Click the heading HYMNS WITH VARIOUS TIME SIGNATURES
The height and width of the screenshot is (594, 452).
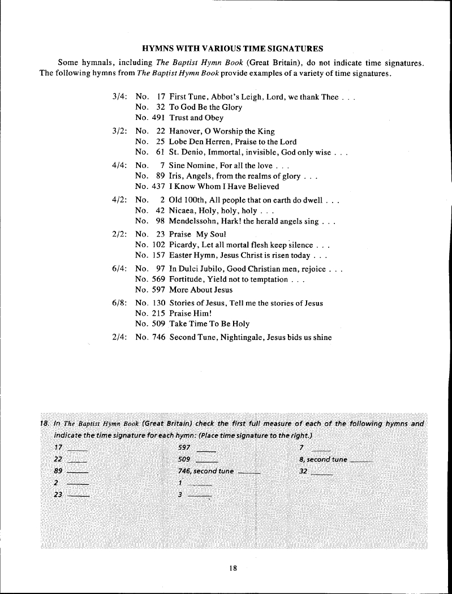click(x=232, y=48)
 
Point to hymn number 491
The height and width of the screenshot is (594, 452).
click(x=157, y=118)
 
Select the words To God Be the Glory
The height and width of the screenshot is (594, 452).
click(x=205, y=107)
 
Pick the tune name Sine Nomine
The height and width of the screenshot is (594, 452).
click(x=192, y=165)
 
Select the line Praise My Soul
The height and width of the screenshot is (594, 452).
click(x=197, y=234)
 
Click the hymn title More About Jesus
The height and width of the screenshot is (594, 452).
click(x=201, y=290)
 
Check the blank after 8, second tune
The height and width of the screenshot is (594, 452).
click(x=360, y=462)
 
